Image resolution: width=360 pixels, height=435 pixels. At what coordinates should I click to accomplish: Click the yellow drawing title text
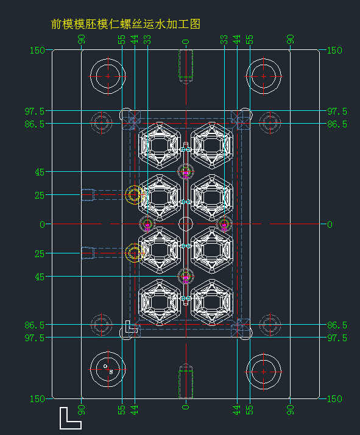pyautogui.click(x=125, y=24)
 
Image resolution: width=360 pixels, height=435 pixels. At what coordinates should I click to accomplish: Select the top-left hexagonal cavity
pyautogui.click(x=160, y=146)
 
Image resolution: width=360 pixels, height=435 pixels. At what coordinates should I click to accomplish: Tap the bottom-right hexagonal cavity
pyautogui.click(x=212, y=302)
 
